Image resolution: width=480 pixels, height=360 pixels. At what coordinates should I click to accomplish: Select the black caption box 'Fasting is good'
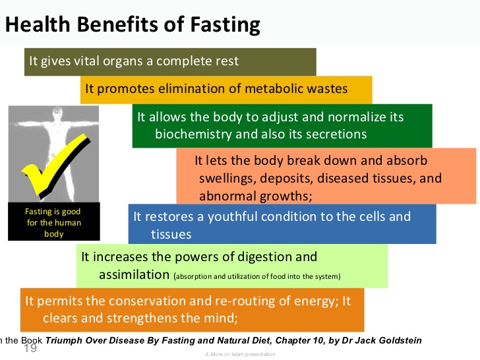point(54,222)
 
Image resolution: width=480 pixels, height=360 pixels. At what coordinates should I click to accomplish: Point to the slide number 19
point(30,347)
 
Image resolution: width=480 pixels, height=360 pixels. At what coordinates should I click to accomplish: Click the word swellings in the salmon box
point(225,178)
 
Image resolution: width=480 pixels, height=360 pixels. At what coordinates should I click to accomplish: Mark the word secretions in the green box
point(334,135)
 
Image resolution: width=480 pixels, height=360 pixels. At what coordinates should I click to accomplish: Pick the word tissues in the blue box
point(171,234)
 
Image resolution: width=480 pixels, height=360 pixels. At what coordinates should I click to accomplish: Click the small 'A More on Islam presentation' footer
point(239,355)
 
